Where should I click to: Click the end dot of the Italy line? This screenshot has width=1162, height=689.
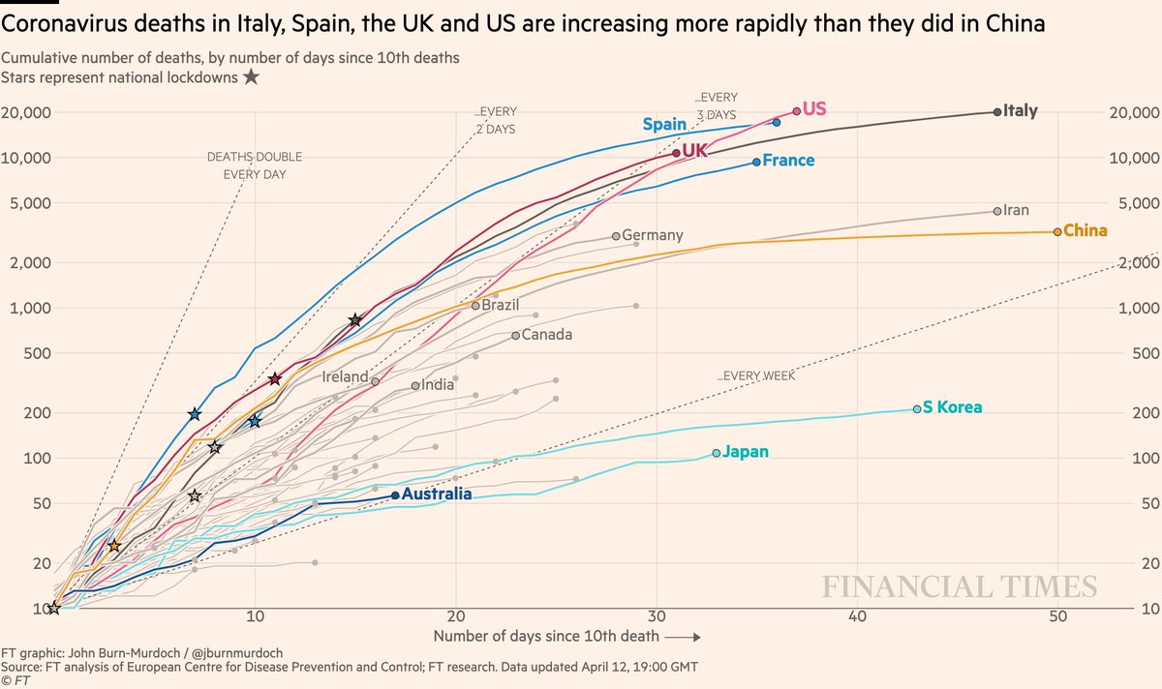997,112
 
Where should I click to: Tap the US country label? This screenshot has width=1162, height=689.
814,109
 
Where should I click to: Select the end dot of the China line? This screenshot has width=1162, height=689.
1056,232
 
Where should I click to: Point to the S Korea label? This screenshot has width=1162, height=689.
952,407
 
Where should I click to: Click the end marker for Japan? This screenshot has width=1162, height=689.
717,453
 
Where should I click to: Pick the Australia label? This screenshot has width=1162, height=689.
437,494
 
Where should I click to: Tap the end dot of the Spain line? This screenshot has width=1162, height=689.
777,123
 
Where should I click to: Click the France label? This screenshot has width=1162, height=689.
788,161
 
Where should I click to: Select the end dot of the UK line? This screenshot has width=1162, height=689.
676,153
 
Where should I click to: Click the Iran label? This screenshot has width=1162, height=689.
1017,210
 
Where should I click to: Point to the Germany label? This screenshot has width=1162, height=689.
653,235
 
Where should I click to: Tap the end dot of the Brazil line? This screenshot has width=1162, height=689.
475,306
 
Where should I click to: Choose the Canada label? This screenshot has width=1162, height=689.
547,335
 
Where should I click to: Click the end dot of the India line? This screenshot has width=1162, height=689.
415,386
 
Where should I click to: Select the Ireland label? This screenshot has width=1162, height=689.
346,377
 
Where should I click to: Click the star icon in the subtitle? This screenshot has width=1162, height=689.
251,77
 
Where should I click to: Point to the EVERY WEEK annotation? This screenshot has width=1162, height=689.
756,375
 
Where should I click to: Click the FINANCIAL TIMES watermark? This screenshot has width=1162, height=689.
960,587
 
